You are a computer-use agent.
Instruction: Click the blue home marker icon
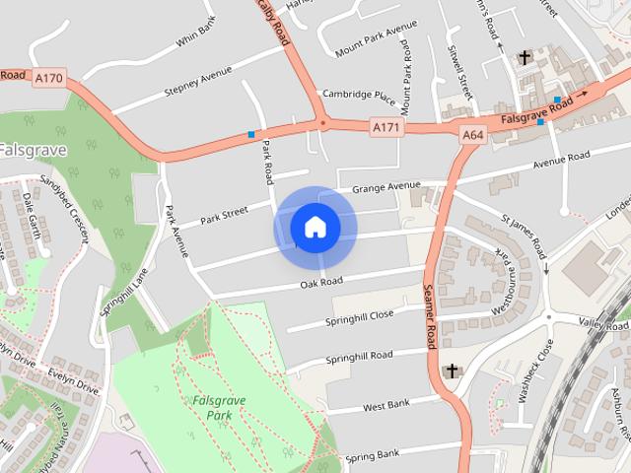[315, 228]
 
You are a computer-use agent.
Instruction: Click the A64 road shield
[472, 133]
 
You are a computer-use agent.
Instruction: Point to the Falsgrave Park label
[213, 408]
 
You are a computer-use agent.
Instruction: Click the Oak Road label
[321, 283]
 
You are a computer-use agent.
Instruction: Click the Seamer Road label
[429, 315]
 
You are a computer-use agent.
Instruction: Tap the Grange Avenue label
[386, 186]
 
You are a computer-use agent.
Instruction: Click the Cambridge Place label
[359, 96]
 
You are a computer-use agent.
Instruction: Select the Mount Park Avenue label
[370, 40]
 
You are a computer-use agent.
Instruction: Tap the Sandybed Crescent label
[64, 203]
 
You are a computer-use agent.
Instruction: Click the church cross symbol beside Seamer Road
[453, 371]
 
